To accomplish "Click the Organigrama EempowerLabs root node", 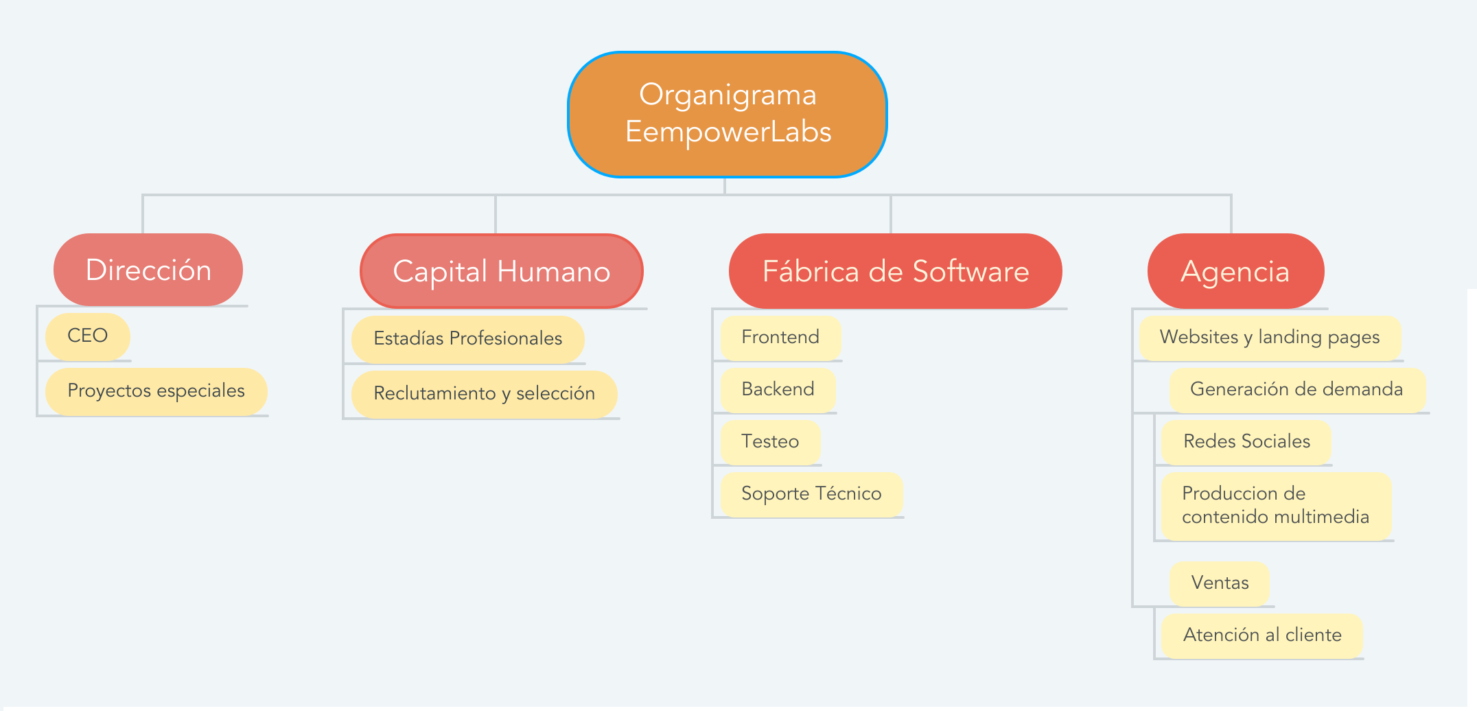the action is click(728, 114).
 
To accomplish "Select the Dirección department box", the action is click(148, 270).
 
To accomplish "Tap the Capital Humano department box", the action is click(502, 271).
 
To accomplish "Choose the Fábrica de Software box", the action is click(896, 271).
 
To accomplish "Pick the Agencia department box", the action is click(1235, 271).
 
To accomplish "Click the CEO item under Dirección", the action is click(88, 336).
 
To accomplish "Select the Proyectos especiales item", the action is click(156, 391).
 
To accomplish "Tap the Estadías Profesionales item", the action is click(468, 339).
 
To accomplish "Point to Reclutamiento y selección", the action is click(485, 394).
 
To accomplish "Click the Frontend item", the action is click(780, 338).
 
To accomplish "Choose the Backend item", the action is click(778, 390).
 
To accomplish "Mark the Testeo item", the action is click(770, 442).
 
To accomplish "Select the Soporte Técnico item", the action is click(811, 494).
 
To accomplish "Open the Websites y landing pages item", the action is click(1270, 338).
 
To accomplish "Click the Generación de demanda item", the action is click(1297, 390).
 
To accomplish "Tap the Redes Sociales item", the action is click(1246, 442).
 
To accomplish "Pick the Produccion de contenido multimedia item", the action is click(1276, 506).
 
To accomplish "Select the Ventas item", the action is click(1220, 583).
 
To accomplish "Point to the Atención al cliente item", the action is click(1262, 636).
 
